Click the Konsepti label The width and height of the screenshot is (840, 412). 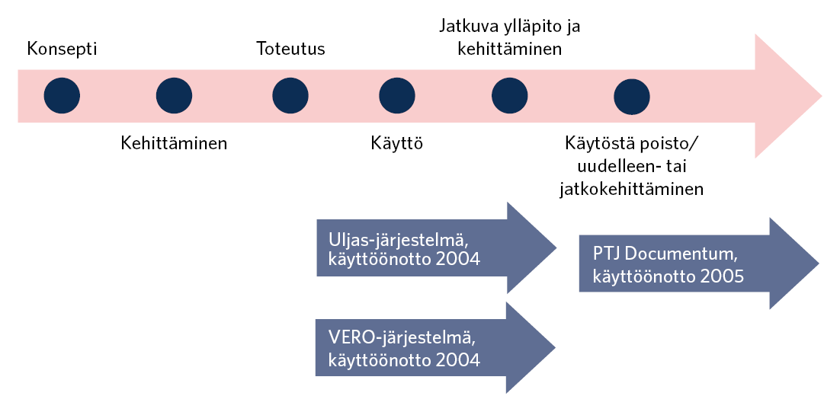tap(62, 50)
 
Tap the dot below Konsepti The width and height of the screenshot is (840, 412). tap(62, 96)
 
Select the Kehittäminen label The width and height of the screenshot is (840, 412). tap(174, 142)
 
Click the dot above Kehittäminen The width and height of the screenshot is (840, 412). tap(174, 96)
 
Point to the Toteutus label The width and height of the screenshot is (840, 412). tap(290, 50)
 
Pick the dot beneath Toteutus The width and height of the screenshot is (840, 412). tap(290, 96)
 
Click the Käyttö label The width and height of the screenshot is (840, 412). tap(397, 142)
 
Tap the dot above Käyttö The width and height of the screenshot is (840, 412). tap(397, 96)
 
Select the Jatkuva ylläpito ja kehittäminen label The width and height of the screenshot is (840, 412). tap(510, 38)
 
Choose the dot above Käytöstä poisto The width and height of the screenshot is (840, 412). tap(632, 96)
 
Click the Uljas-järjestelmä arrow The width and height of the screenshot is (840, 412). tap(427, 248)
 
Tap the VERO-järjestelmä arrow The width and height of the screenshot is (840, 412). tap(427, 348)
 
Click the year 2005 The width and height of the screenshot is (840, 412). tap(723, 276)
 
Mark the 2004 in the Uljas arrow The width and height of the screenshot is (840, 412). tap(460, 260)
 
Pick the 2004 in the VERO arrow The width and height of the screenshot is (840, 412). tap(460, 359)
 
